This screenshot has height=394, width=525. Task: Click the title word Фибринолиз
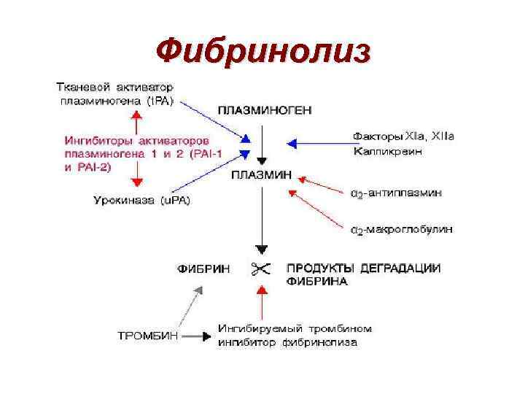coord(263,50)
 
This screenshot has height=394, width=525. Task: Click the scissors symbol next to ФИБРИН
coord(260,269)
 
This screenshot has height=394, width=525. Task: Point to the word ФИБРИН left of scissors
coord(204,269)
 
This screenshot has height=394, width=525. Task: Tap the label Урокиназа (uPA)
coord(143,199)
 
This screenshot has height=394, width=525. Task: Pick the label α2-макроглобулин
coord(401,229)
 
